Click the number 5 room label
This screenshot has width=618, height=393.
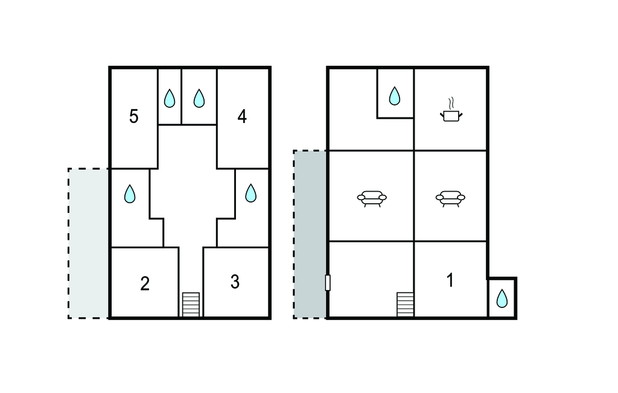click(x=134, y=116)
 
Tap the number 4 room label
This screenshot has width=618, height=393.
click(x=242, y=116)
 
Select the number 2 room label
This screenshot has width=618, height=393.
click(x=145, y=283)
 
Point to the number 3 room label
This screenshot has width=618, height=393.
click(x=235, y=282)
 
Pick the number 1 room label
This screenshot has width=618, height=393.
click(x=450, y=280)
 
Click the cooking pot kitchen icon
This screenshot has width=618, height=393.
click(x=451, y=116)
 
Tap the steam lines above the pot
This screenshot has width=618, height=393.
click(x=451, y=103)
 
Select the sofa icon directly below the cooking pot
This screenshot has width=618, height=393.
click(x=450, y=198)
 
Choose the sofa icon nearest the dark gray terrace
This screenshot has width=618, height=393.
click(x=372, y=198)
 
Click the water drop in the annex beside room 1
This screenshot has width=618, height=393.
click(x=502, y=298)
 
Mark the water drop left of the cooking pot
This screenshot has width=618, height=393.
click(x=395, y=96)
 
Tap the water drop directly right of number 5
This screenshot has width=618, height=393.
click(x=170, y=98)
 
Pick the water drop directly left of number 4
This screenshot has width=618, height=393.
click(x=199, y=98)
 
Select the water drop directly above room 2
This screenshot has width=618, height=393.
click(x=130, y=193)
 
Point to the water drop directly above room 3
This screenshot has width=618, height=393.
click(x=250, y=193)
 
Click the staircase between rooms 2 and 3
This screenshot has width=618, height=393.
click(x=191, y=304)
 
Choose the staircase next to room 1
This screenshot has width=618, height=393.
click(x=405, y=304)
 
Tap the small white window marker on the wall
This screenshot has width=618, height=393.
click(x=328, y=283)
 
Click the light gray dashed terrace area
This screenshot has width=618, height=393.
click(x=88, y=244)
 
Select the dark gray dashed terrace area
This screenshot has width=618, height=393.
click(x=310, y=234)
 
